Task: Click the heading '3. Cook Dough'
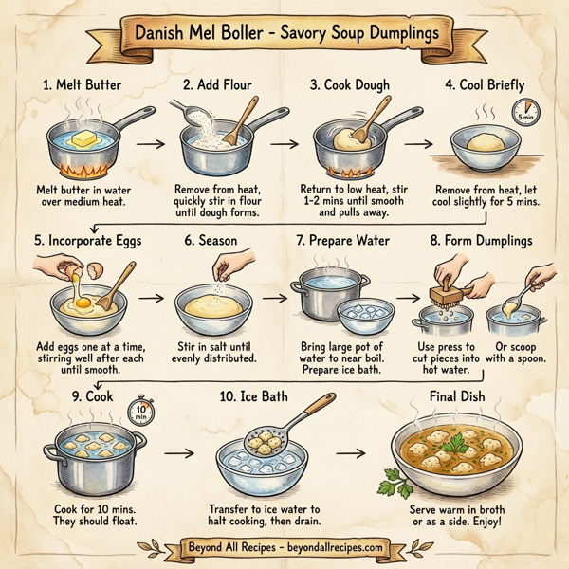[350, 84]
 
